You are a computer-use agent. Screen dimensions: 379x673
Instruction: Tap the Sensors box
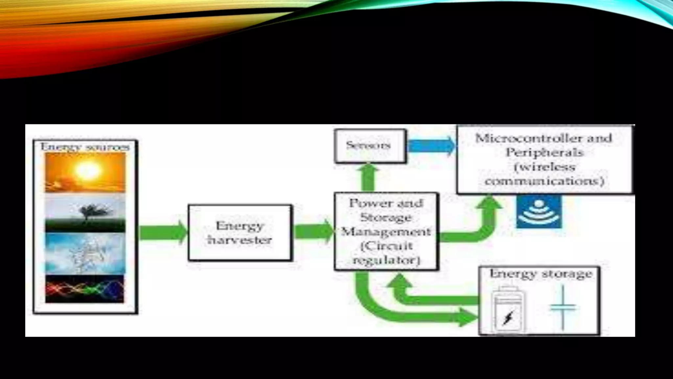(370, 146)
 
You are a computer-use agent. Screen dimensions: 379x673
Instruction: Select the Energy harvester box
(240, 233)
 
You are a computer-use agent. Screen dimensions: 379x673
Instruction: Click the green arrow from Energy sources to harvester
(163, 232)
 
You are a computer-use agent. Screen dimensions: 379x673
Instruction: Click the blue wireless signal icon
(539, 212)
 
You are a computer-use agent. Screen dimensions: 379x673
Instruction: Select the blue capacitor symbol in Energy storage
(563, 308)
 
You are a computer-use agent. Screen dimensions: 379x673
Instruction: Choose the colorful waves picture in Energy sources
(85, 289)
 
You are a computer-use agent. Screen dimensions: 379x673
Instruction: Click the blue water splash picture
(85, 253)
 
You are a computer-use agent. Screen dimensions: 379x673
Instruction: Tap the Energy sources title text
(85, 147)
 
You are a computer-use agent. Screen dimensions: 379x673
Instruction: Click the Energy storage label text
(541, 274)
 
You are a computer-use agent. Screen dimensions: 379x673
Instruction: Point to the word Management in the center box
(386, 232)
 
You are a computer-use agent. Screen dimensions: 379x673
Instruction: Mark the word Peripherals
(544, 153)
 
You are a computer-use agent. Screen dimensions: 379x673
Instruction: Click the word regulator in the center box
(386, 260)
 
